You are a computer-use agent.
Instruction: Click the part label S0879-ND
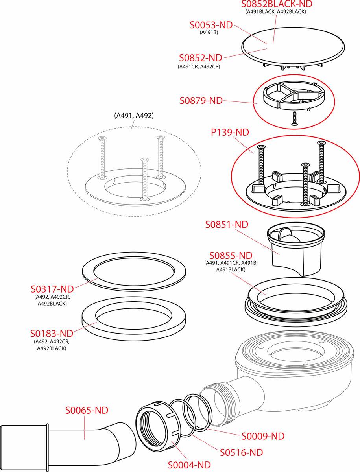tap(201, 101)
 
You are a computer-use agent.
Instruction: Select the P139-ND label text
tap(230, 132)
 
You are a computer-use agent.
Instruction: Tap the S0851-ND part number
tap(227, 225)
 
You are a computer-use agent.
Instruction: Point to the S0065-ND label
tap(87, 410)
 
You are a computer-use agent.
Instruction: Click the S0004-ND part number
tap(189, 463)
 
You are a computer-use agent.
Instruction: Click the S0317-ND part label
tap(52, 289)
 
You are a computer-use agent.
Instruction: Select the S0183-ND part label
tap(52, 334)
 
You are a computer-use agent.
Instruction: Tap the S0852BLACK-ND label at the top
tap(277, 4)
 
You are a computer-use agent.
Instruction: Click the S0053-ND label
tap(211, 25)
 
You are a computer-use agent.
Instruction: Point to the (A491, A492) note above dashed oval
tap(134, 116)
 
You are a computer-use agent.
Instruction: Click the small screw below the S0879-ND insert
tap(294, 118)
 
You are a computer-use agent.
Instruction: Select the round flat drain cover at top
tap(293, 47)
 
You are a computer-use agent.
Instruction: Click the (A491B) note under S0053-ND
tap(209, 33)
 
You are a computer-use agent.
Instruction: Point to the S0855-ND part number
tap(231, 256)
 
